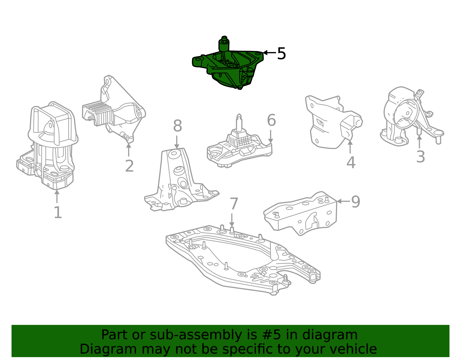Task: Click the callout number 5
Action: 281,54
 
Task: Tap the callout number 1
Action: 58,213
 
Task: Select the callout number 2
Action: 129,166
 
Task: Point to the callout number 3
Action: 420,157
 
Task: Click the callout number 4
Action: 350,163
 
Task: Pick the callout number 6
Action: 271,120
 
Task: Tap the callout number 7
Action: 234,204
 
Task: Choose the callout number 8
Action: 177,126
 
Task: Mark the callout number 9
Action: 356,201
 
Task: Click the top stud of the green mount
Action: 224,43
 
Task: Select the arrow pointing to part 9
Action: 343,201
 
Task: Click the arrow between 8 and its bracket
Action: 177,142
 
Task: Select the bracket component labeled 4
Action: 331,121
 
